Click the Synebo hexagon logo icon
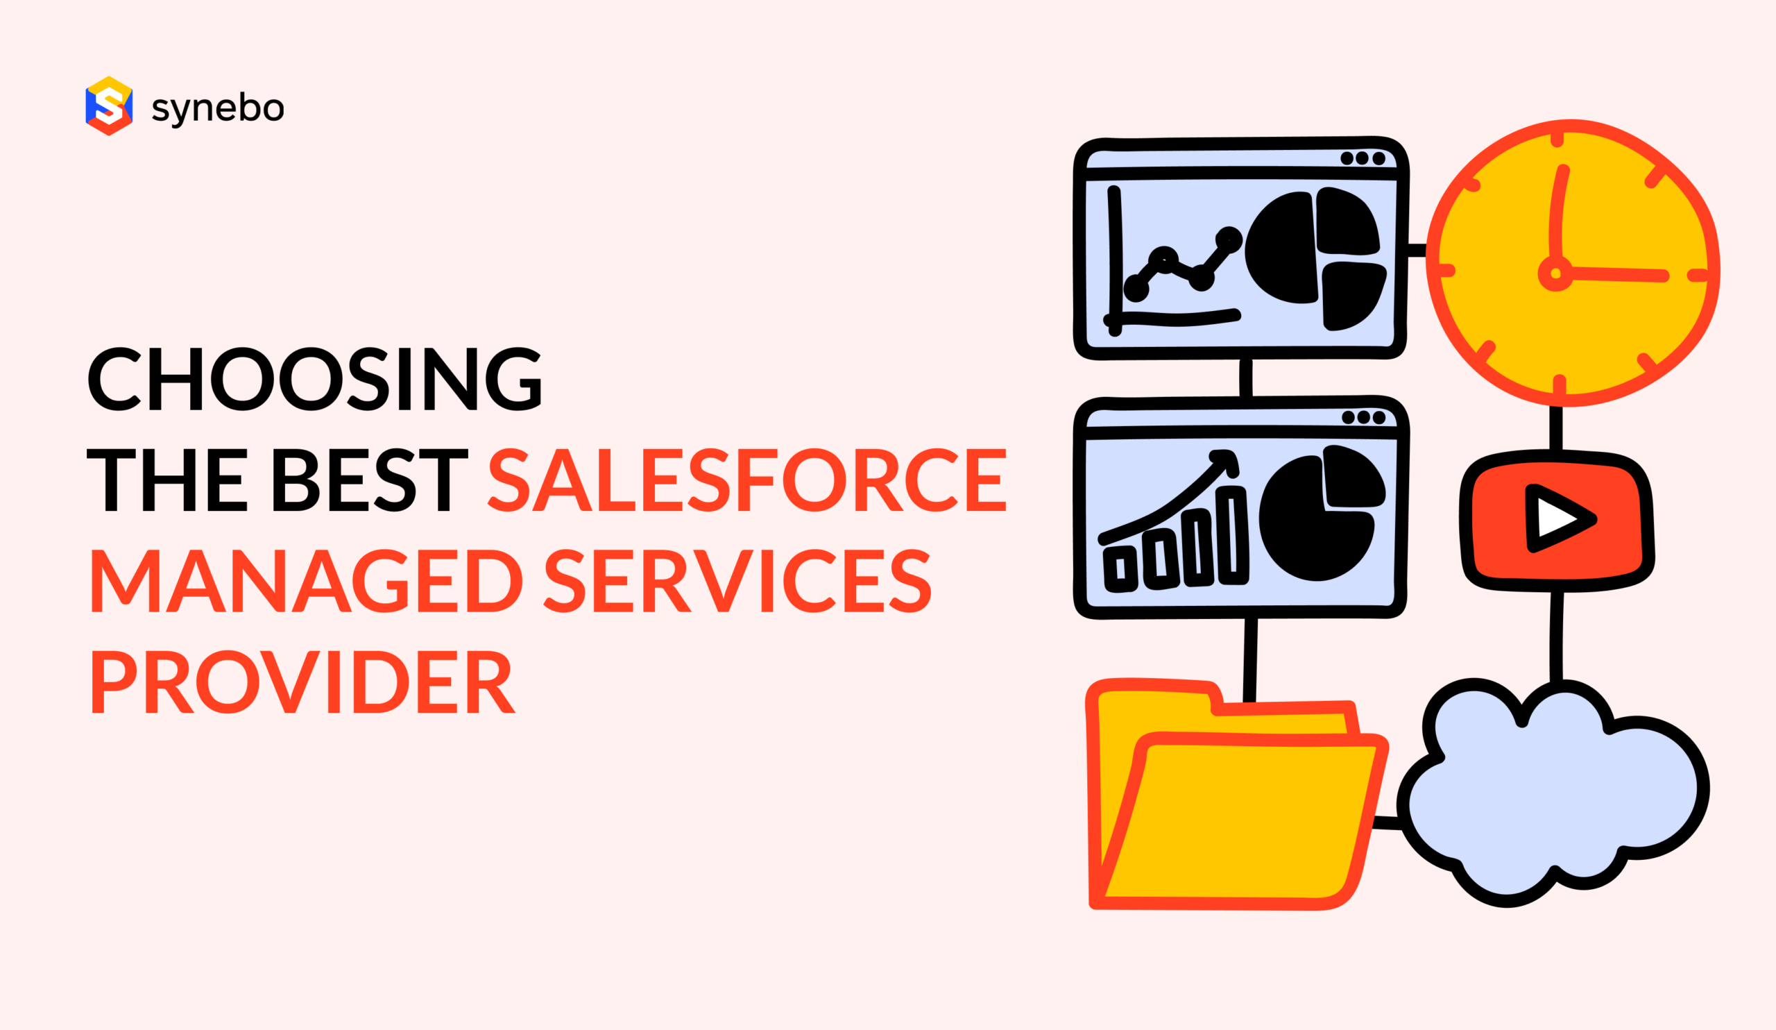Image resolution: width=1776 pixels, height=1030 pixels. (x=108, y=105)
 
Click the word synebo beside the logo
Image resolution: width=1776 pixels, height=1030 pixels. (x=218, y=108)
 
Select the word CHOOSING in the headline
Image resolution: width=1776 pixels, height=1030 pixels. (x=314, y=378)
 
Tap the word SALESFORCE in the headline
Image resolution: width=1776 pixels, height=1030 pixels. (x=748, y=480)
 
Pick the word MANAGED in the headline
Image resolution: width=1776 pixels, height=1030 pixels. (x=307, y=581)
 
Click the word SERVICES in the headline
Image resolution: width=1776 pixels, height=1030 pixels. (x=738, y=581)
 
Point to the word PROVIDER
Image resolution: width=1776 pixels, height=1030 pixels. (x=303, y=682)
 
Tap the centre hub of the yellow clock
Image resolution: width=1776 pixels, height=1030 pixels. (x=1555, y=273)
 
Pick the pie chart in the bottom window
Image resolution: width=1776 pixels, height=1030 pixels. (x=1322, y=513)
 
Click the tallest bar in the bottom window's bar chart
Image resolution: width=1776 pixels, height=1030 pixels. (x=1232, y=535)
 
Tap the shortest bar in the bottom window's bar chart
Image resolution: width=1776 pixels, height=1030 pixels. (x=1120, y=568)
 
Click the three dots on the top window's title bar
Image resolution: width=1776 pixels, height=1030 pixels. (x=1363, y=158)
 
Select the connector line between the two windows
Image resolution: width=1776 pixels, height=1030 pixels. (x=1246, y=378)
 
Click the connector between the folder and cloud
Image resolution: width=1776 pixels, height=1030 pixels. (x=1387, y=822)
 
